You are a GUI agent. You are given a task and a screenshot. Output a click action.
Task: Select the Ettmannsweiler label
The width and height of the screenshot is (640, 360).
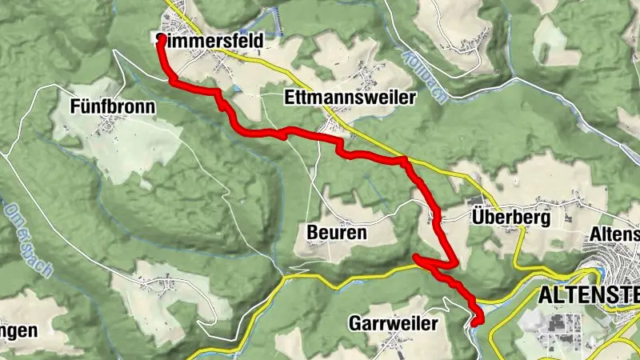tap(350, 98)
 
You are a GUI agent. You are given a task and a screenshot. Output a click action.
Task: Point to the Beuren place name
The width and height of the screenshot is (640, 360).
tap(336, 233)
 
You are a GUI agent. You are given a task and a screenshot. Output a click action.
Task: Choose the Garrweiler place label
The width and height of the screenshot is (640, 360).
tap(393, 323)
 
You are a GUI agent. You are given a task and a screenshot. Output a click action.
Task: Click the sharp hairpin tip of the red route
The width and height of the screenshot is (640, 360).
tap(415, 257)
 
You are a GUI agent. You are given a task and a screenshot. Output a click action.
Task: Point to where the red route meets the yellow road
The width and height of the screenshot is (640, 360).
tap(405, 160)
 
